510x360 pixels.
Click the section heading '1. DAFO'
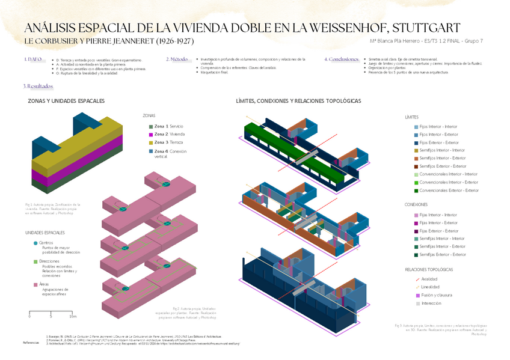click(33, 59)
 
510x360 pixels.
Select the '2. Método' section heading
click(177, 59)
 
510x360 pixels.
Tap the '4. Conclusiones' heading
click(342, 59)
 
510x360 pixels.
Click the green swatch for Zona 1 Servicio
click(151, 126)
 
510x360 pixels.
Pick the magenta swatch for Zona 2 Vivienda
click(151, 135)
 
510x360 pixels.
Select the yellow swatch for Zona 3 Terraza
click(151, 142)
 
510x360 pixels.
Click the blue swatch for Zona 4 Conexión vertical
click(151, 151)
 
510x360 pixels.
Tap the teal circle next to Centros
click(35, 243)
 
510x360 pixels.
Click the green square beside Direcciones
click(35, 261)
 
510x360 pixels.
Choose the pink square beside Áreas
click(35, 284)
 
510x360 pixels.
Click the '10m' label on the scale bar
click(73, 316)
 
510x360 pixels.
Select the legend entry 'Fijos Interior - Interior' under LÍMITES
click(438, 127)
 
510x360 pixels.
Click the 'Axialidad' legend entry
click(429, 279)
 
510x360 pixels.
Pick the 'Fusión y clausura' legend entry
click(437, 295)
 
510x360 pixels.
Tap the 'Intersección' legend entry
click(431, 304)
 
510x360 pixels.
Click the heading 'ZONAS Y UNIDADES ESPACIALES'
click(66, 101)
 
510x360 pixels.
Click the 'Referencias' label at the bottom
click(31, 343)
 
